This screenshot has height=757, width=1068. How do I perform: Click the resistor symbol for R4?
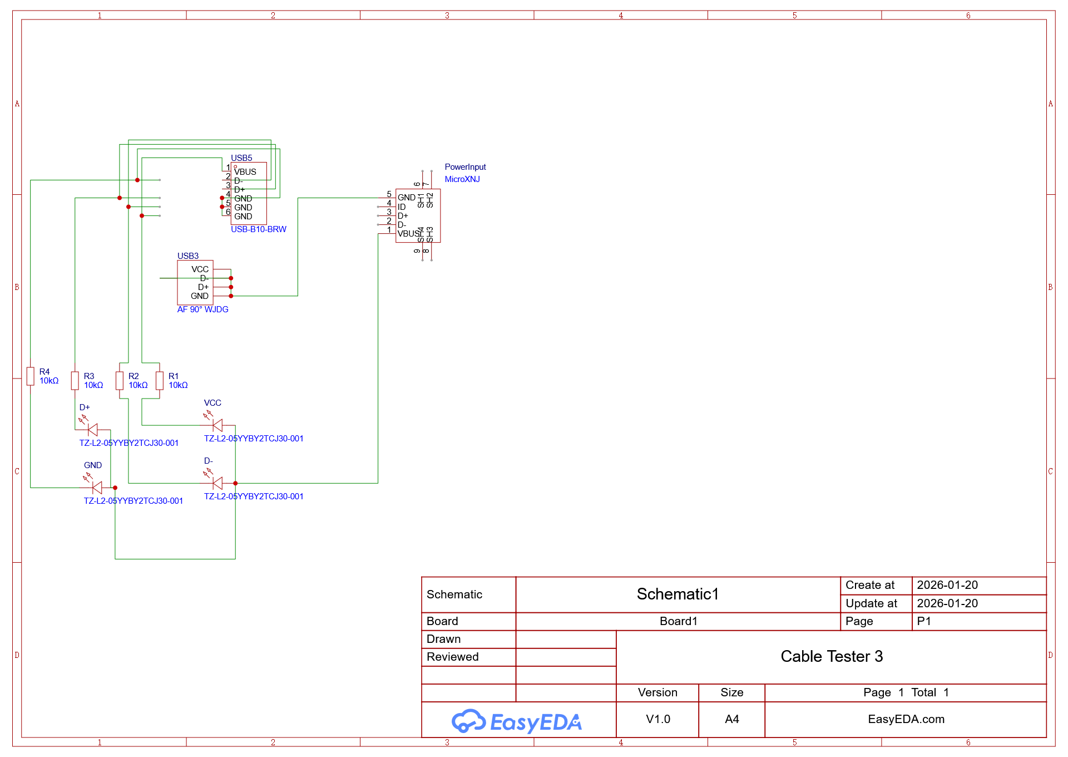(31, 376)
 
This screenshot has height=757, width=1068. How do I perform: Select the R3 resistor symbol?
(75, 381)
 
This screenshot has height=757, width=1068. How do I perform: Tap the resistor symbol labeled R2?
(120, 381)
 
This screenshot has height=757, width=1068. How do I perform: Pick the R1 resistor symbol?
(160, 381)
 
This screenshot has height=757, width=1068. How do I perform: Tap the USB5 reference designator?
(241, 158)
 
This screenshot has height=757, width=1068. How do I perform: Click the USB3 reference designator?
(188, 256)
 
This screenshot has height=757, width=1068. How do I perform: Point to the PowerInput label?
(465, 167)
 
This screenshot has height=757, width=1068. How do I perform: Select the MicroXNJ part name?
(462, 179)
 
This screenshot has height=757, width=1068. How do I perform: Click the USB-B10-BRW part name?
(259, 229)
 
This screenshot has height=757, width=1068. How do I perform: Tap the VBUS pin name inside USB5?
(245, 172)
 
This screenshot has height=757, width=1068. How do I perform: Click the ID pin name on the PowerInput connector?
(402, 207)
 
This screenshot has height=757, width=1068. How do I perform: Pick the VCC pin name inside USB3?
(200, 269)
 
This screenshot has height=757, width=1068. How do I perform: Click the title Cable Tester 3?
(832, 657)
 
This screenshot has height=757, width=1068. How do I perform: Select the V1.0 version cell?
(658, 719)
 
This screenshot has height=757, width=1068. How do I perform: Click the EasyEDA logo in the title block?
(517, 721)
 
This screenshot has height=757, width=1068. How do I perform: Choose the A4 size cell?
(732, 719)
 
